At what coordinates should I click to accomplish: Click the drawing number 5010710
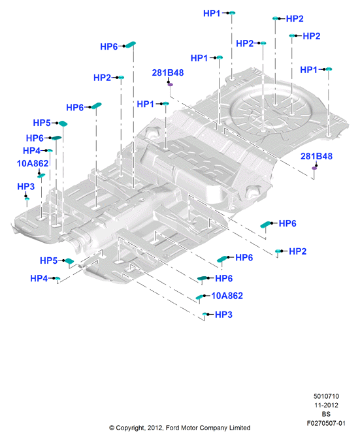(x=326, y=396)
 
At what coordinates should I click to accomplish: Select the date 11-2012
(x=326, y=405)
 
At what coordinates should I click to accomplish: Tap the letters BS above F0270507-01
(x=326, y=414)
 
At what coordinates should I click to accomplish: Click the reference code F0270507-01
(x=326, y=423)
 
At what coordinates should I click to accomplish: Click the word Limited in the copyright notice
(x=240, y=428)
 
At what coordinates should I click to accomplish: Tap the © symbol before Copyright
(x=112, y=428)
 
